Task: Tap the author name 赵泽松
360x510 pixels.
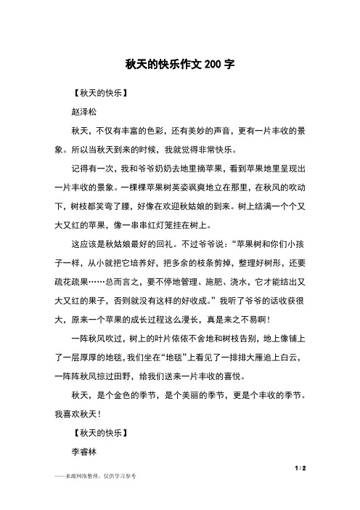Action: [x=83, y=112]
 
